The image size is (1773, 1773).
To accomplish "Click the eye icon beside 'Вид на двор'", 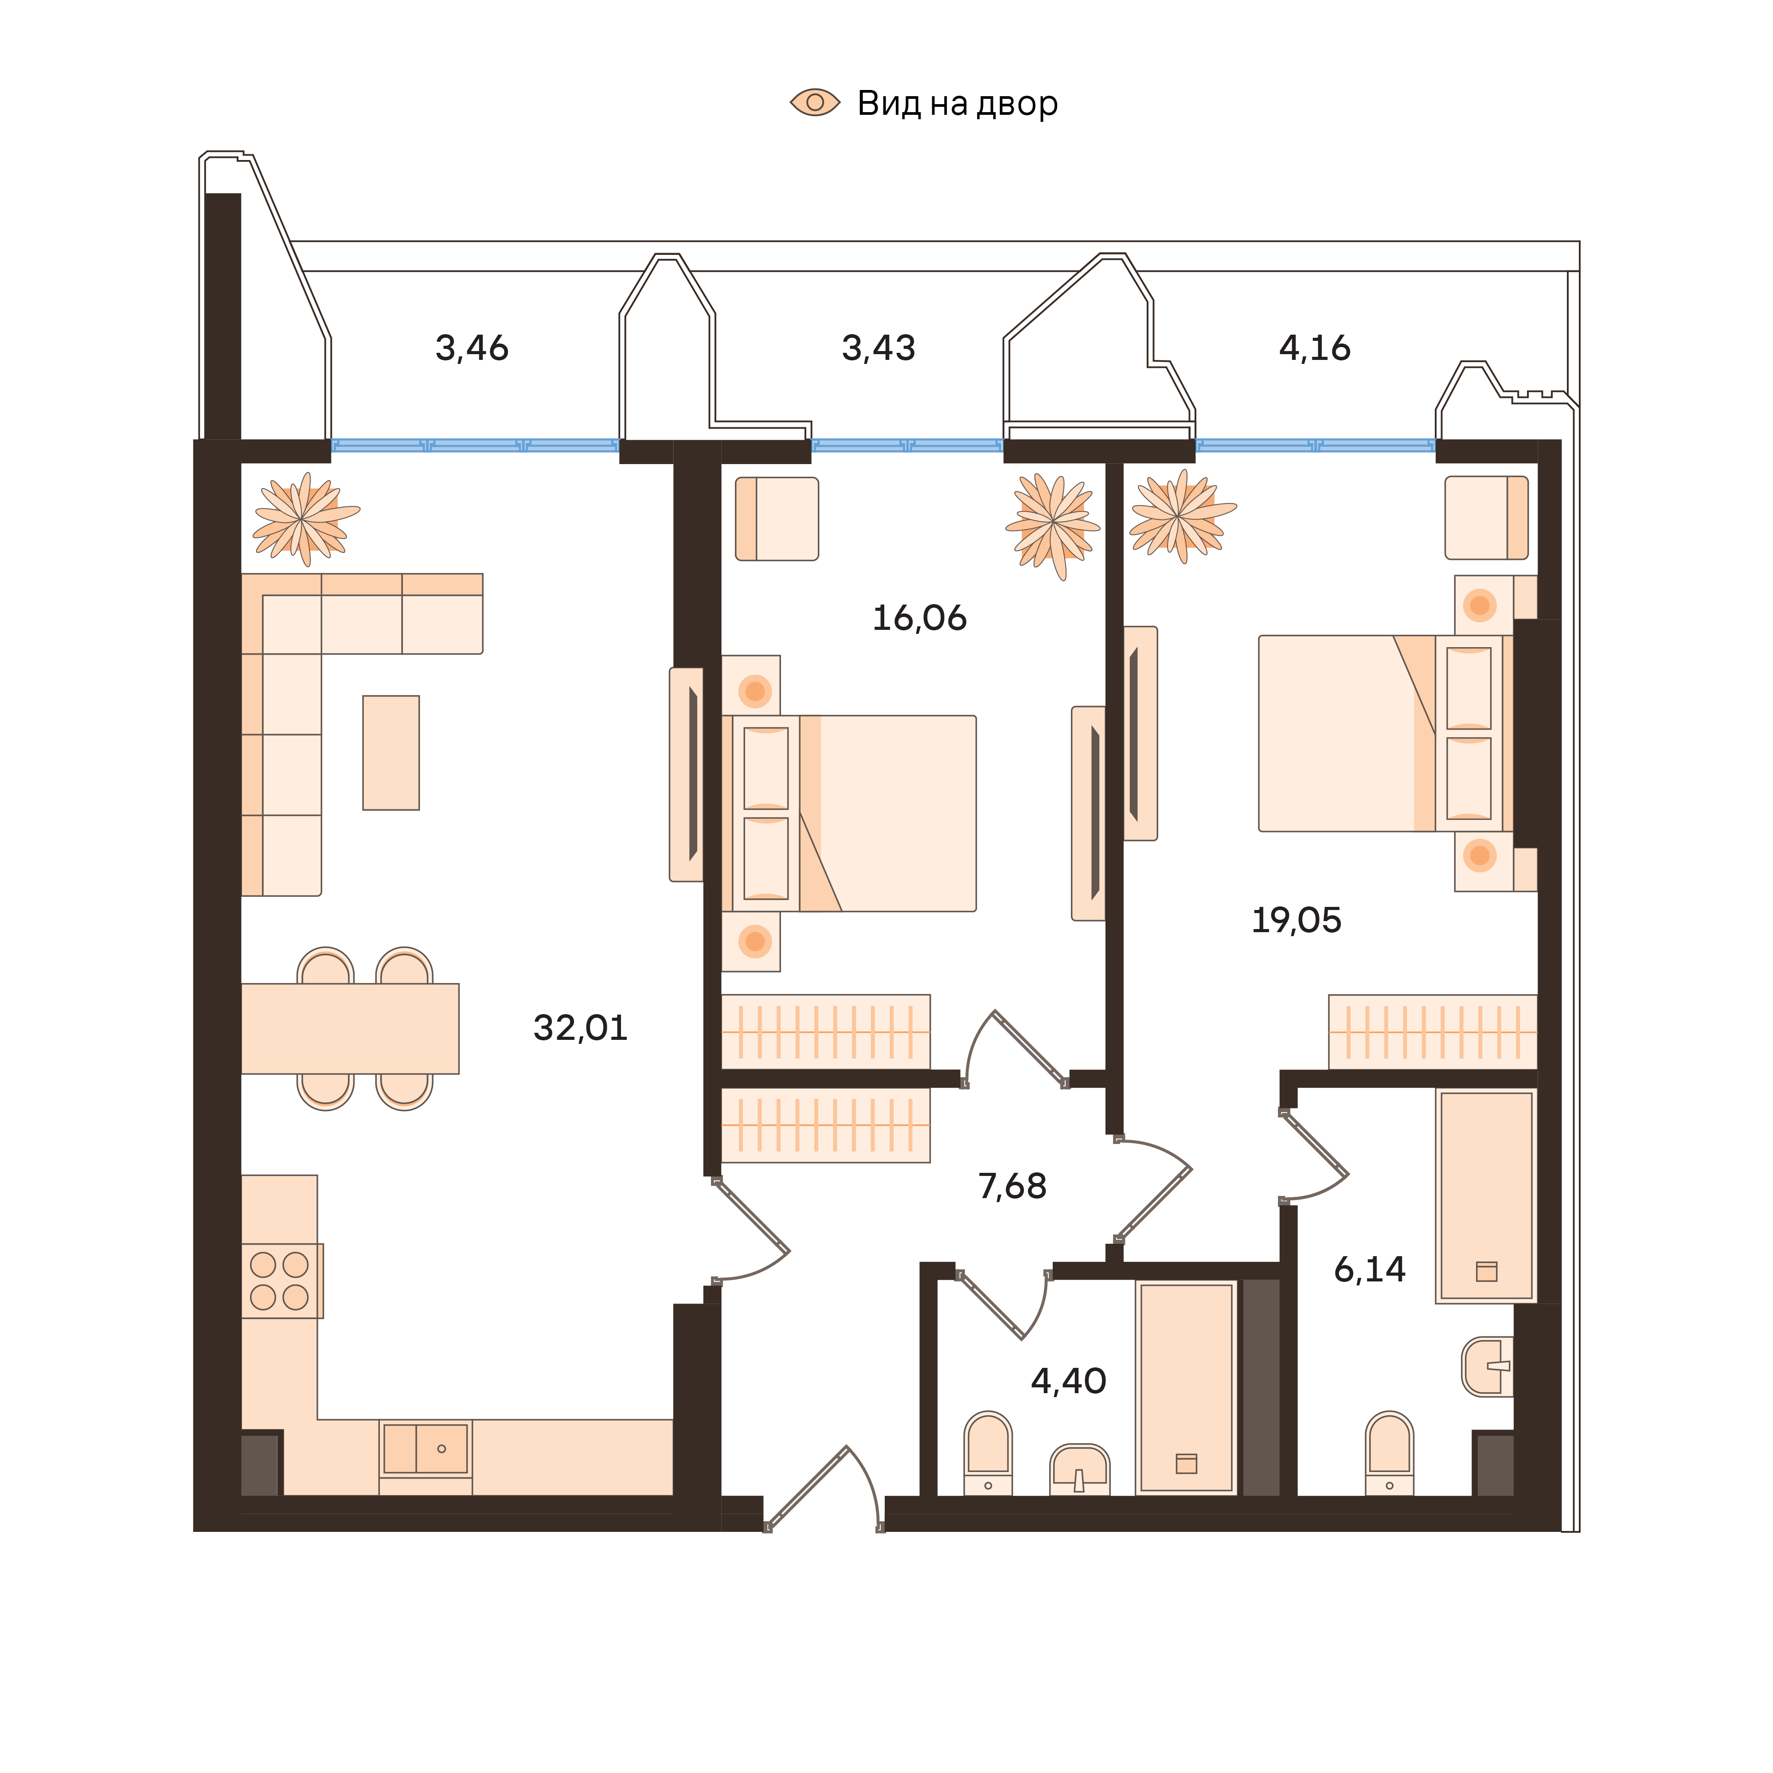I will (x=815, y=103).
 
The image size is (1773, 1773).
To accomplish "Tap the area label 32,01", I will (x=580, y=1028).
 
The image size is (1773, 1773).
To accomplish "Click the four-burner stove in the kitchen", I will (x=280, y=1281).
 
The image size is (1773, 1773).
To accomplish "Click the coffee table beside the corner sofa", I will (x=391, y=753).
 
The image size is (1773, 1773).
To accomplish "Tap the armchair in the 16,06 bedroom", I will (x=777, y=519).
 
